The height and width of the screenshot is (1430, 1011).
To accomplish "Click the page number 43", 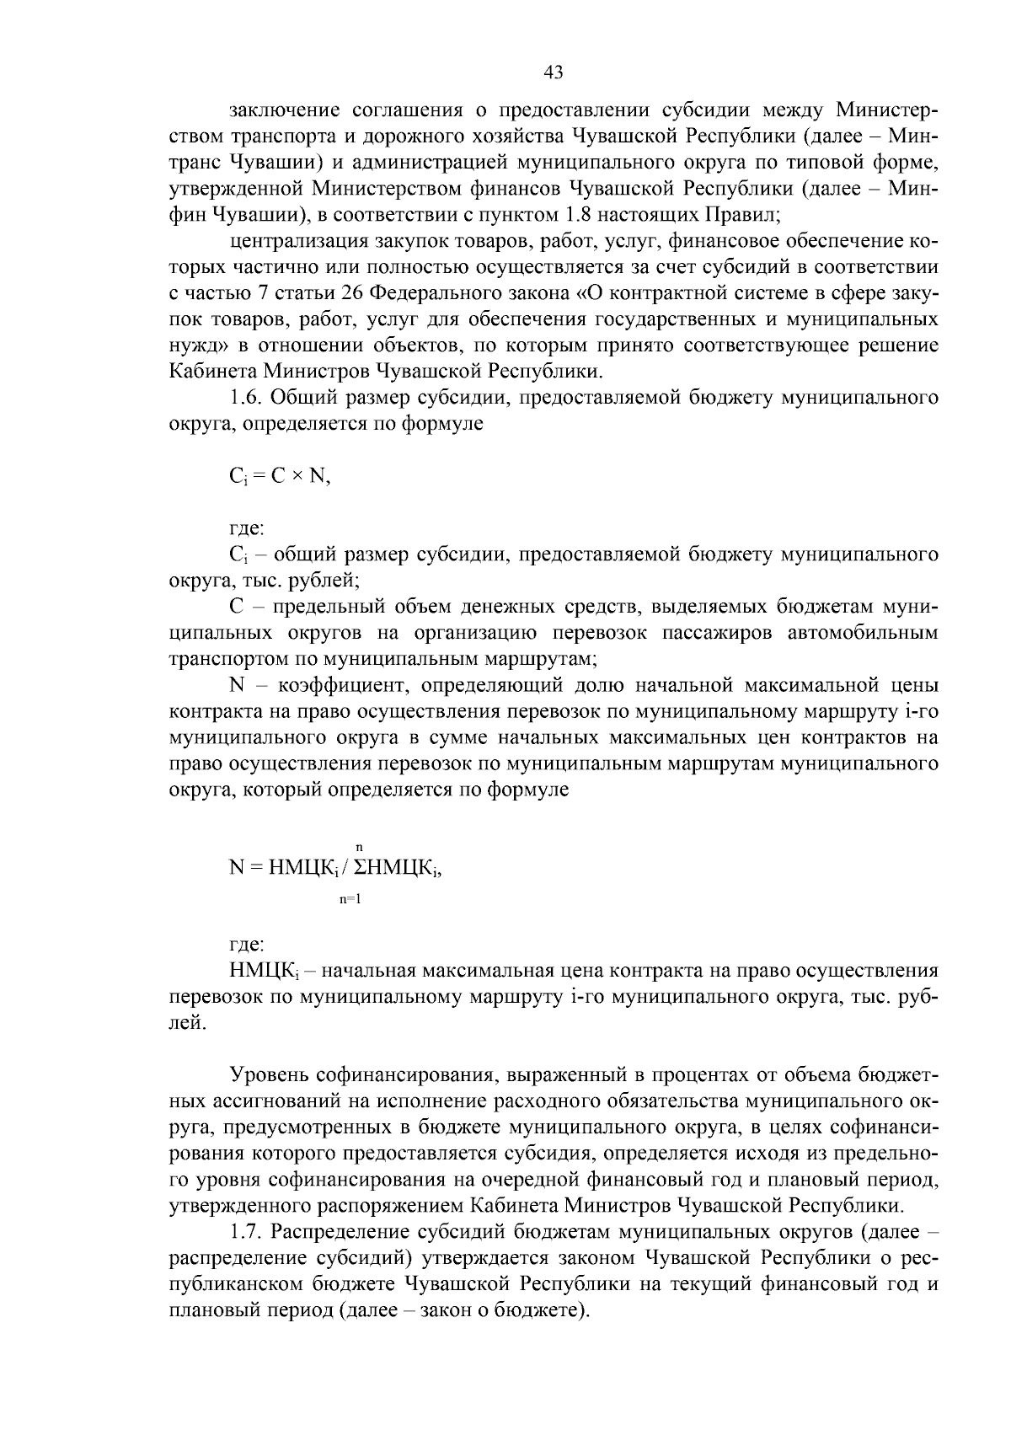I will point(554,72).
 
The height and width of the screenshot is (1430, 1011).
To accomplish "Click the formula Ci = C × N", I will point(280,477).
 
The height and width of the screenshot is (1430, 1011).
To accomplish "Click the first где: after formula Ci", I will point(247,529).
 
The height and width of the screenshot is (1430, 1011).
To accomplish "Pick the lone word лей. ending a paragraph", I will point(186,1022).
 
